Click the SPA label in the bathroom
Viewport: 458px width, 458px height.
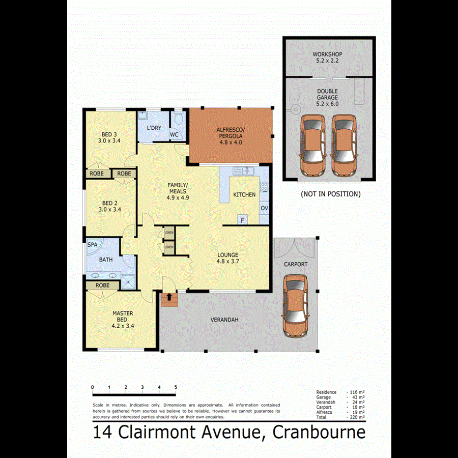click(x=92, y=244)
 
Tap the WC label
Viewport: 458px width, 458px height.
click(x=174, y=135)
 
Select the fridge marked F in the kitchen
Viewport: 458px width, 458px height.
click(x=243, y=220)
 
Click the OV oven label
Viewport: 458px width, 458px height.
click(x=264, y=209)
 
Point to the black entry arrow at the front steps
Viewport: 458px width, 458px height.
click(x=169, y=296)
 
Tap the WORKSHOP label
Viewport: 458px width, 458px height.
click(x=327, y=54)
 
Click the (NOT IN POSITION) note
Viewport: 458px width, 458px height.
click(x=330, y=194)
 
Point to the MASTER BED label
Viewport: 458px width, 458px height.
click(x=123, y=316)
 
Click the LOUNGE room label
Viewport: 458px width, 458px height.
click(x=227, y=255)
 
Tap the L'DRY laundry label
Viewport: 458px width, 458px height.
click(x=154, y=127)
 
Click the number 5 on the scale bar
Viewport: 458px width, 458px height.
click(x=176, y=387)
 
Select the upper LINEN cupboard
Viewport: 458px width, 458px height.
click(x=168, y=233)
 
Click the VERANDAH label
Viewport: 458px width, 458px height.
click(x=224, y=320)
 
